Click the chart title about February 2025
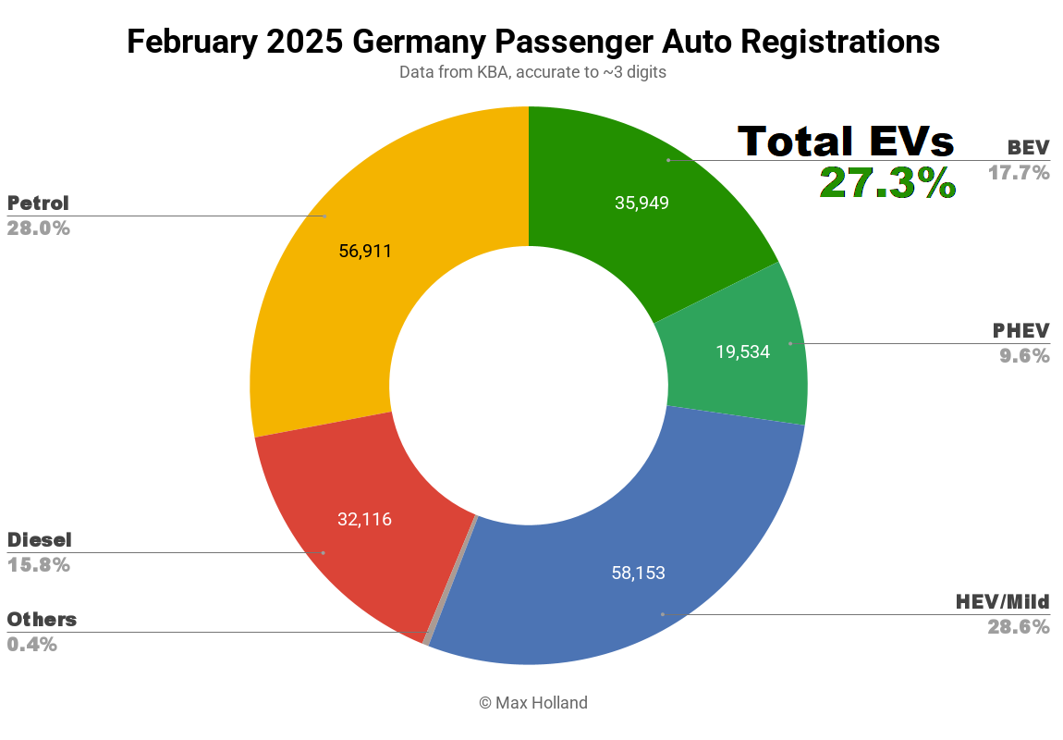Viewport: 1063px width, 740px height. [532, 42]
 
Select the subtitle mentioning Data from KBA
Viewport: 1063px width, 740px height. [532, 72]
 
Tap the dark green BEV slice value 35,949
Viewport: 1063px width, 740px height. [641, 203]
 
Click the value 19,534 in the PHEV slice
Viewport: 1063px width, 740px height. [742, 351]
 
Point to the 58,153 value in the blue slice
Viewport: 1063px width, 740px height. [638, 573]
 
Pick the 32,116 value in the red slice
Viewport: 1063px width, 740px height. [364, 519]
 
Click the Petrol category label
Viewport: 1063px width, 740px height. [38, 203]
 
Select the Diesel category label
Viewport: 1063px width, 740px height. [39, 539]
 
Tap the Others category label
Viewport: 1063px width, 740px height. [42, 619]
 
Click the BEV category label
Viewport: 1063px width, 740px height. [1028, 147]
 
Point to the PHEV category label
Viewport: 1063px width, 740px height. [1020, 330]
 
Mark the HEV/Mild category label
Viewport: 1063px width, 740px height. [1002, 602]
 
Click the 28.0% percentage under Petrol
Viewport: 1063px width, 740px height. [39, 228]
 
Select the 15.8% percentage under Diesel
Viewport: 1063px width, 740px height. [39, 564]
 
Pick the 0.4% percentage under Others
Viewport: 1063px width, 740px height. [32, 644]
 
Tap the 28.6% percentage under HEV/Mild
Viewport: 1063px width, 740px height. [1018, 627]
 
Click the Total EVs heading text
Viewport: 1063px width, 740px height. [846, 142]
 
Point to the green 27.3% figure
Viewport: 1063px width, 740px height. [887, 182]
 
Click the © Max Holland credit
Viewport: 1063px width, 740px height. [532, 703]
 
